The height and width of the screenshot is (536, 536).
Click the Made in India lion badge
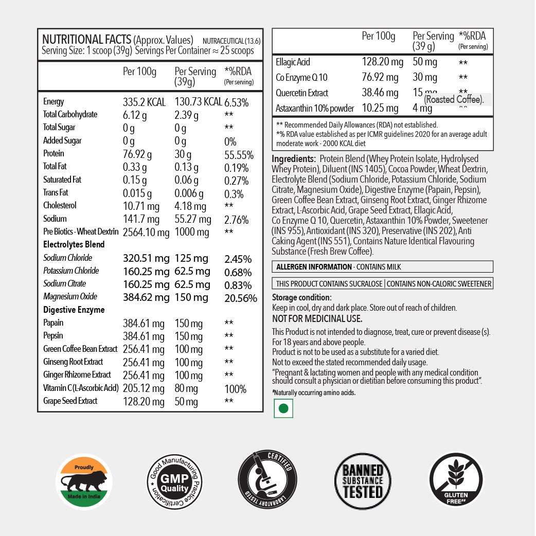pyautogui.click(x=83, y=481)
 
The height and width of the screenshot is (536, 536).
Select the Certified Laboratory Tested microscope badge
pyautogui.click(x=267, y=481)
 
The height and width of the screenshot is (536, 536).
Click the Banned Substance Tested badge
pyautogui.click(x=363, y=481)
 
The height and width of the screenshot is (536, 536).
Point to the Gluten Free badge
pyautogui.click(x=456, y=481)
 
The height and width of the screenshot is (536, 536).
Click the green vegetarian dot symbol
pyautogui.click(x=282, y=408)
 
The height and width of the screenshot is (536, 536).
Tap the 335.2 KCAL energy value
pyautogui.click(x=144, y=102)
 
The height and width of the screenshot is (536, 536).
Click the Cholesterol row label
pyautogui.click(x=60, y=206)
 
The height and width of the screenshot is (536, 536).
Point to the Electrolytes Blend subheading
pyautogui.click(x=74, y=244)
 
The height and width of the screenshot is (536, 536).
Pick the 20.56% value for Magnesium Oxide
pyautogui.click(x=241, y=298)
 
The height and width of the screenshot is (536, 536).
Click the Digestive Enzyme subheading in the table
pyautogui.click(x=74, y=310)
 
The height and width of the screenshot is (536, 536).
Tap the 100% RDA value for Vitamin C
pyautogui.click(x=235, y=389)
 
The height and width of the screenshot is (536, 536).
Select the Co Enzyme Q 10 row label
pyautogui.click(x=302, y=78)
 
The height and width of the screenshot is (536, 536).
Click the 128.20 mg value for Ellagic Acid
pyautogui.click(x=382, y=62)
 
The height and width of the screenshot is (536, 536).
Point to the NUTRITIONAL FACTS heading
pyautogui.click(x=86, y=40)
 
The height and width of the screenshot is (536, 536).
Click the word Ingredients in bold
pyautogui.click(x=293, y=159)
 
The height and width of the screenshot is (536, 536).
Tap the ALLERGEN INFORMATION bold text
pyautogui.click(x=314, y=267)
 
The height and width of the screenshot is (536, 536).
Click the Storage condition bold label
pyautogui.click(x=301, y=298)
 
